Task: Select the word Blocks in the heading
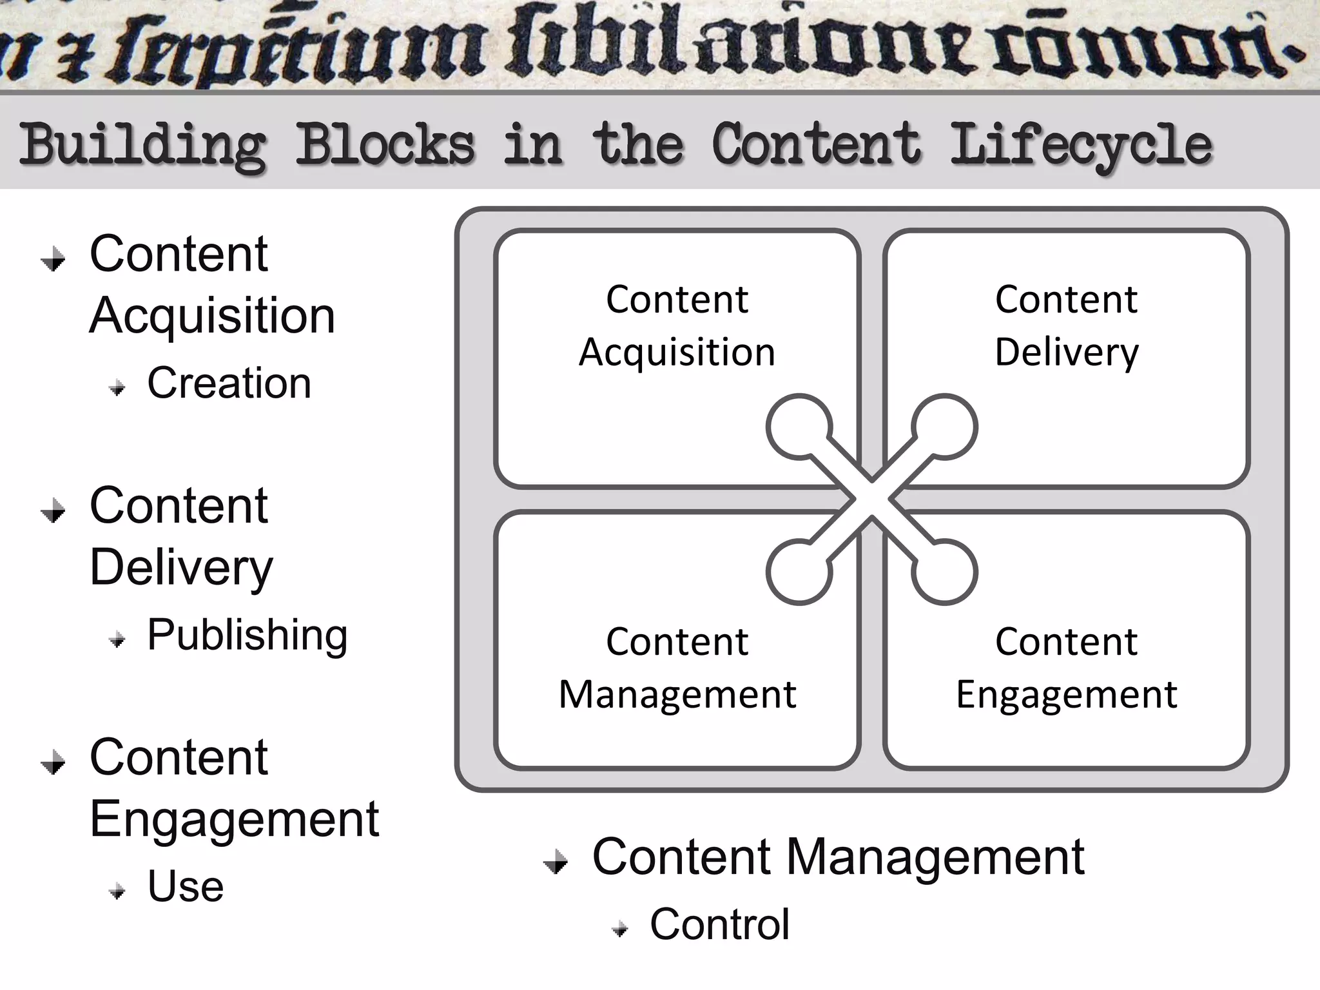(x=385, y=144)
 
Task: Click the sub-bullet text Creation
(x=229, y=383)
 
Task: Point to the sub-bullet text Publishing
(x=247, y=635)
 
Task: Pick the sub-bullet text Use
(x=185, y=886)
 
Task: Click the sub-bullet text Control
(x=719, y=924)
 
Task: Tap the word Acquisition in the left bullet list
(x=212, y=316)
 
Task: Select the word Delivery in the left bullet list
(x=181, y=567)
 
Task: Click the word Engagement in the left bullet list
(x=234, y=819)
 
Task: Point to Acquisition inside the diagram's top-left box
(x=677, y=353)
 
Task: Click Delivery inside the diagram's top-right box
(x=1067, y=353)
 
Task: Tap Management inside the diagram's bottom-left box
(x=677, y=695)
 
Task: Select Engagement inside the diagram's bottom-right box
(x=1067, y=695)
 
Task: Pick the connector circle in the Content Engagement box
(x=944, y=572)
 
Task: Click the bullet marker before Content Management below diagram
(x=556, y=862)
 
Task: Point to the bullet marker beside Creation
(x=117, y=388)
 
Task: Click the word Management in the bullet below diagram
(x=935, y=857)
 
